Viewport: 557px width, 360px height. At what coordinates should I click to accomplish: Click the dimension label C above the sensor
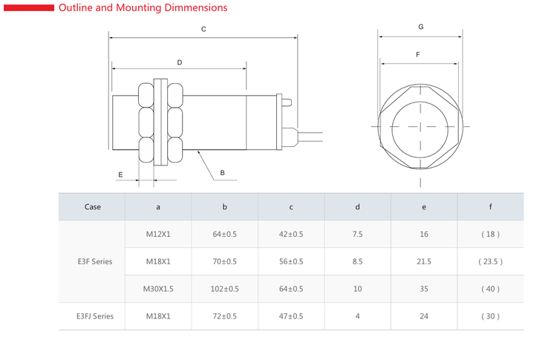pyautogui.click(x=203, y=29)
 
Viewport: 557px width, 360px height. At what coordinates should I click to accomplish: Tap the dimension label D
pyautogui.click(x=180, y=62)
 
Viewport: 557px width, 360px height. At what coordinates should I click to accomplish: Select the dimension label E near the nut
pyautogui.click(x=120, y=174)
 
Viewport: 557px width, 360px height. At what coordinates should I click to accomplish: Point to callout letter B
pyautogui.click(x=222, y=173)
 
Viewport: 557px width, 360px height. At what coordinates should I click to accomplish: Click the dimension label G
pyautogui.click(x=421, y=27)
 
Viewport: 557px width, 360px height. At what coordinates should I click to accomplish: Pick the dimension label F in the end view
pyautogui.click(x=417, y=55)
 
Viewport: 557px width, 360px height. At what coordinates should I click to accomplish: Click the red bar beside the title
pyautogui.click(x=29, y=8)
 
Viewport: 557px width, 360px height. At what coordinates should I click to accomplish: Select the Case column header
pyautogui.click(x=93, y=207)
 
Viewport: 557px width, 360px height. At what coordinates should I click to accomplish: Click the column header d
pyautogui.click(x=357, y=207)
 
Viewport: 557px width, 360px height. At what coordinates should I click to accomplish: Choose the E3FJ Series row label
pyautogui.click(x=95, y=316)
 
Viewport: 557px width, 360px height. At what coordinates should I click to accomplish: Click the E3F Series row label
pyautogui.click(x=95, y=262)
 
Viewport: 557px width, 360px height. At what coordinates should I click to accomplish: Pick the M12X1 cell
pyautogui.click(x=158, y=235)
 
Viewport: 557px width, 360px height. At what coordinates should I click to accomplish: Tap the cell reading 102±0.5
pyautogui.click(x=224, y=289)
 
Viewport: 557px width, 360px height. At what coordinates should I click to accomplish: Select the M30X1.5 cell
pyautogui.click(x=158, y=289)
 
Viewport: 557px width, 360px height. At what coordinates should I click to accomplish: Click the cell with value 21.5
pyautogui.click(x=424, y=262)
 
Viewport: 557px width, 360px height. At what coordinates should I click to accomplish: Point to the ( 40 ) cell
pyautogui.click(x=490, y=289)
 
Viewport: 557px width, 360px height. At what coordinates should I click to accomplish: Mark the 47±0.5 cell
pyautogui.click(x=291, y=316)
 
